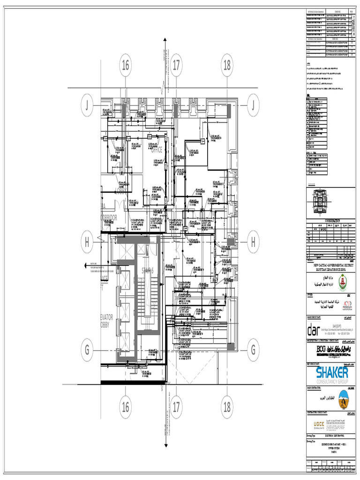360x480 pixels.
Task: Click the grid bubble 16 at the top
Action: click(125, 66)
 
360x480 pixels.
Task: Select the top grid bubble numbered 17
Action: click(176, 66)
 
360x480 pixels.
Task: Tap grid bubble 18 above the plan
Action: click(227, 66)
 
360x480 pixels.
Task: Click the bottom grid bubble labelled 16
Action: click(125, 407)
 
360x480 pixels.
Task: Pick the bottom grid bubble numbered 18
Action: click(227, 407)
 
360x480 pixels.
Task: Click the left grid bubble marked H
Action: click(87, 242)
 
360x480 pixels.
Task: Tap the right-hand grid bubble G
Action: click(253, 350)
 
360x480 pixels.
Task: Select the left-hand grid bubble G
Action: click(87, 350)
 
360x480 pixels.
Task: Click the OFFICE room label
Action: click(156, 150)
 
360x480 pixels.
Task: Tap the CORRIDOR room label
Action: click(108, 217)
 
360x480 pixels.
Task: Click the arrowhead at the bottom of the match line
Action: click(165, 445)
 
